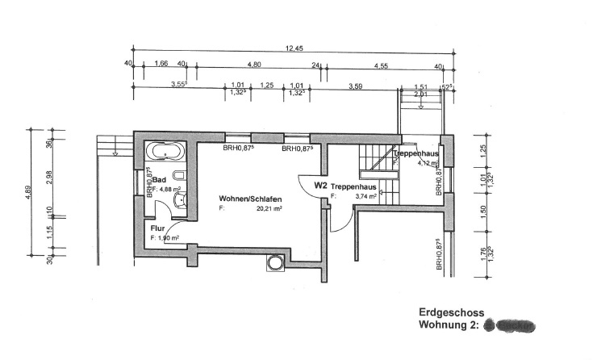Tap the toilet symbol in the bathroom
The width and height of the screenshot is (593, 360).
click(x=179, y=175)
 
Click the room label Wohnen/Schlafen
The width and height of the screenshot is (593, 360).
click(x=250, y=198)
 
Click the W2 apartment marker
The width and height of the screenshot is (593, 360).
click(x=320, y=186)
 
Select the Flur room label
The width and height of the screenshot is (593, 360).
click(x=157, y=228)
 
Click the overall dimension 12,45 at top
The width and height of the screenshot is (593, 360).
click(x=293, y=48)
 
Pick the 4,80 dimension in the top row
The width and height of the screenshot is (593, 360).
click(x=253, y=64)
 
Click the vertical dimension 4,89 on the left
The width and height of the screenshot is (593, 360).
click(x=30, y=196)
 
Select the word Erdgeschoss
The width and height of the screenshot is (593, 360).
click(x=451, y=312)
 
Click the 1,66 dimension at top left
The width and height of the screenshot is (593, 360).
click(x=160, y=64)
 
